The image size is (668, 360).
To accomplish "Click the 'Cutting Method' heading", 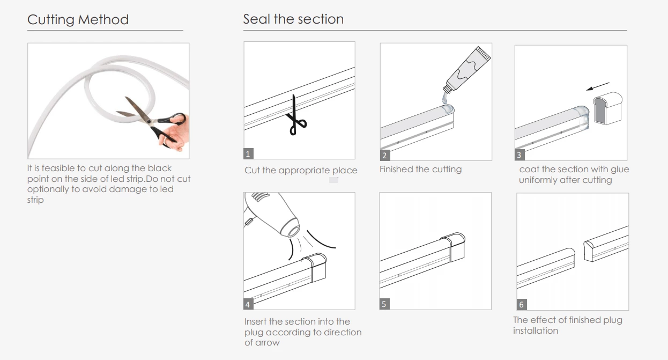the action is point(78,20).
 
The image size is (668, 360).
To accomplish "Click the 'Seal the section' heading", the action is point(293,19).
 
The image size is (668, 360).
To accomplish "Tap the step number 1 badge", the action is point(248,154).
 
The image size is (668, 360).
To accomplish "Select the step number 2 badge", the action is point(385,155).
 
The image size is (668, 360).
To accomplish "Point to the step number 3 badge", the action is point(519,155).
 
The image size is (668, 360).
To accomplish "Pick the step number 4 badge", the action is point(248,305).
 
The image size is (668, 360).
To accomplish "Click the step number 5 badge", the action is point(384,304).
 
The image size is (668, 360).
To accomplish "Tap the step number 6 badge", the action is point(522,305).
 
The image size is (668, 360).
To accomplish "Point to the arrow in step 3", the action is point(598,86).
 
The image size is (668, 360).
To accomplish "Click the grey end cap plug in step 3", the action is point(607,108).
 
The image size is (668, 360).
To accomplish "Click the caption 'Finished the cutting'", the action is point(420,169).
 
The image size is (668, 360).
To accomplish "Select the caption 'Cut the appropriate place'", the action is point(301,170).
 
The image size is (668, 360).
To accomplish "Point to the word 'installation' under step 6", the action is point(536,330).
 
